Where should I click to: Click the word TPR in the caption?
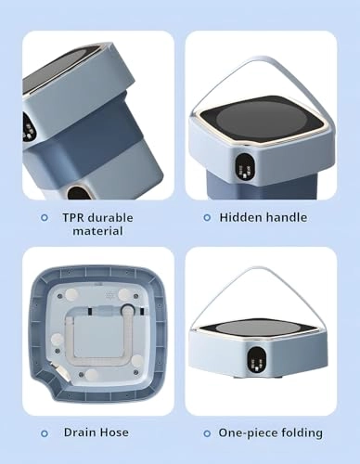[73, 217]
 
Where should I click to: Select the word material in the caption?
[97, 231]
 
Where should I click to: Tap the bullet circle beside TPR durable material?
[45, 218]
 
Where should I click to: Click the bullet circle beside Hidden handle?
[207, 218]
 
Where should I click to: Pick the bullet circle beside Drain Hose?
[45, 433]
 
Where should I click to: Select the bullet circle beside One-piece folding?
[207, 433]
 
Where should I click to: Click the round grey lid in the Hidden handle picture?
[262, 119]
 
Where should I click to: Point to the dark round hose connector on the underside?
[127, 310]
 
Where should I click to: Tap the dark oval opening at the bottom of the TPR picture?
[78, 192]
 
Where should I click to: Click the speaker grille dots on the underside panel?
[109, 295]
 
